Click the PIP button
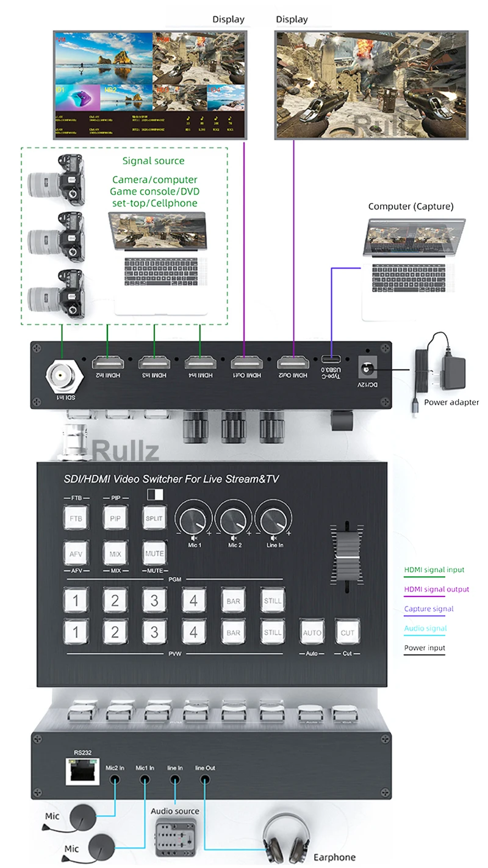pos(115,518)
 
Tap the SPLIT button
pos(154,518)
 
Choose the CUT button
pos(347,632)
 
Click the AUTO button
pos(312,632)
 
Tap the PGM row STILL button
pos(273,601)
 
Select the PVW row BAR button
pos(234,632)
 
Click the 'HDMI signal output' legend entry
pos(436,589)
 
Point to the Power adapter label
pos(451,402)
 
